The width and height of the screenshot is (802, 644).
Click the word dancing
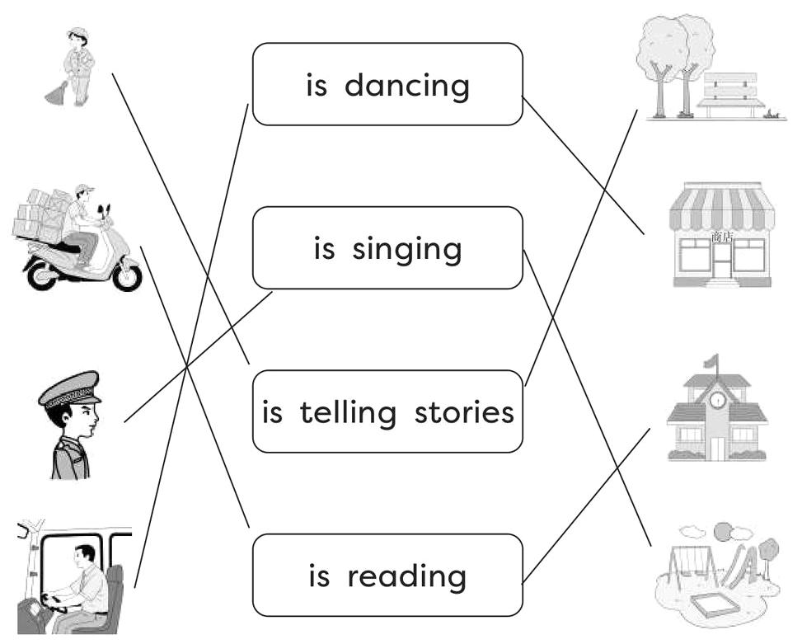406,86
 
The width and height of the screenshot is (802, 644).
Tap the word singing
406,249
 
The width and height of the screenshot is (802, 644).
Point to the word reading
406,576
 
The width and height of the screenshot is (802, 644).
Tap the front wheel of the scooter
126,275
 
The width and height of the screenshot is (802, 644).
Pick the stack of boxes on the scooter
41,214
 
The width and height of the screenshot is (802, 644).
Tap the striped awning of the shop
721,208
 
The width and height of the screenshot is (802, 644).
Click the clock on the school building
717,400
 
